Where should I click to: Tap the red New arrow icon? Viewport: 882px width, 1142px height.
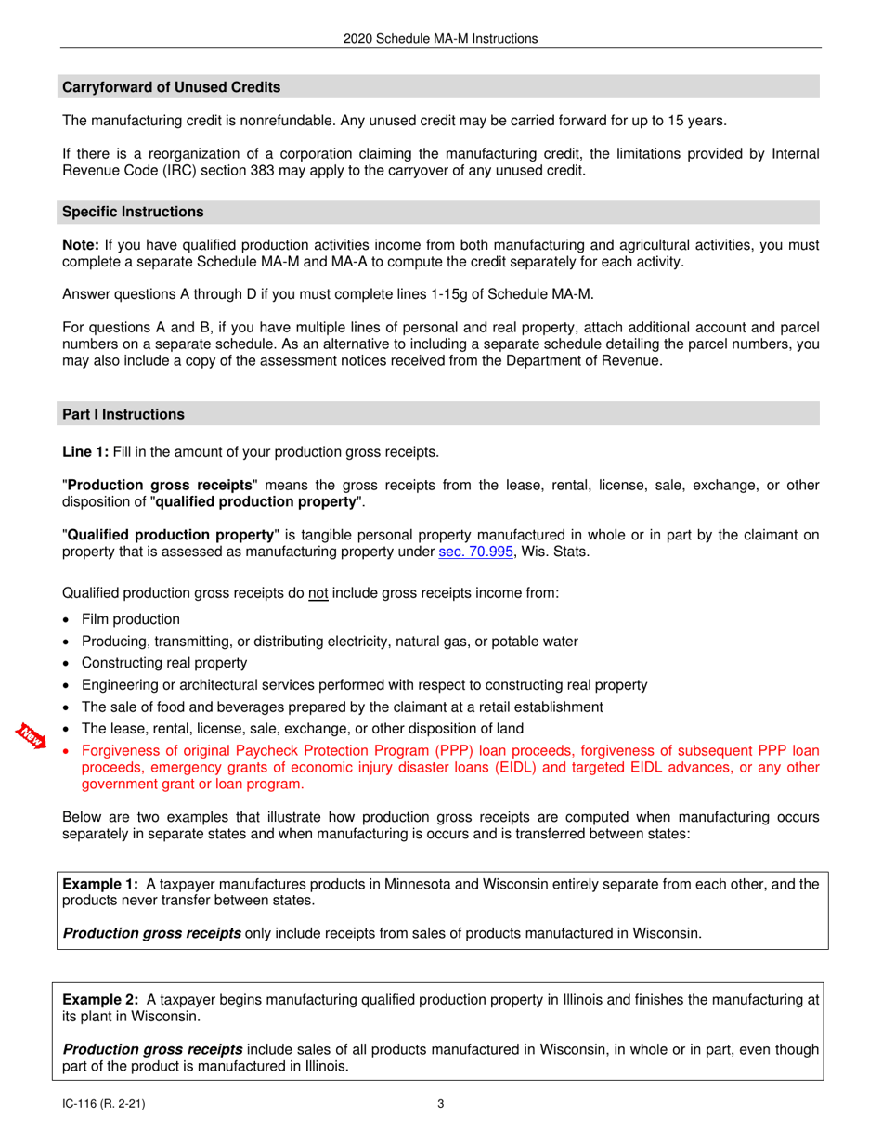coord(32,734)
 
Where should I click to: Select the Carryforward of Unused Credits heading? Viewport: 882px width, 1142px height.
coord(171,87)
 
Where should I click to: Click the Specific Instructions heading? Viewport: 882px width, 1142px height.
coord(133,212)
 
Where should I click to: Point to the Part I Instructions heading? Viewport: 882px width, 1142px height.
coord(123,414)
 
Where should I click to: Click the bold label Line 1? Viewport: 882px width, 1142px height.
coord(85,452)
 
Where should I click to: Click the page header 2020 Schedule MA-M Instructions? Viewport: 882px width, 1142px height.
coord(440,39)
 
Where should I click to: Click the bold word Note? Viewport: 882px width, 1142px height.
coord(81,246)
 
